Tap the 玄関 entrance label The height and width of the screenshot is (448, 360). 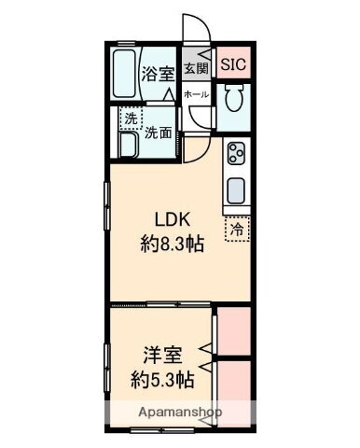[x=196, y=67]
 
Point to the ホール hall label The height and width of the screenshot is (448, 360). [x=196, y=94]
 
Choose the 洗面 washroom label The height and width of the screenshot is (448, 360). [x=158, y=133]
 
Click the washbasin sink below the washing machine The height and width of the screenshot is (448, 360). [x=128, y=143]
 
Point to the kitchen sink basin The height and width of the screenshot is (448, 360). [x=237, y=190]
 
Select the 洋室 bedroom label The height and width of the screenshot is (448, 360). [x=161, y=356]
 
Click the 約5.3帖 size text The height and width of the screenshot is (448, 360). [x=161, y=380]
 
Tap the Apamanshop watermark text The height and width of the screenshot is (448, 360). [x=168, y=412]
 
